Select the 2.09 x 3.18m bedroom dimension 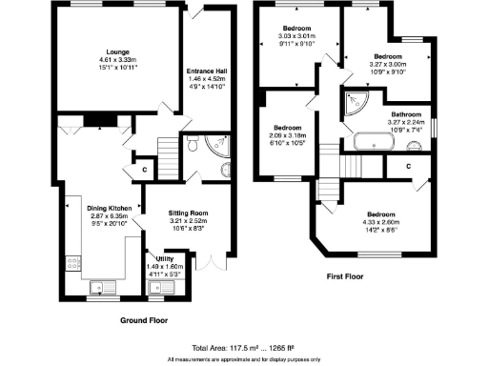pyautogui.click(x=288, y=135)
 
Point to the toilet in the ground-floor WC pyautogui.click(x=193, y=144)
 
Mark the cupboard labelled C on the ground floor pyautogui.click(x=144, y=170)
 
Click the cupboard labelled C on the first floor pyautogui.click(x=407, y=165)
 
